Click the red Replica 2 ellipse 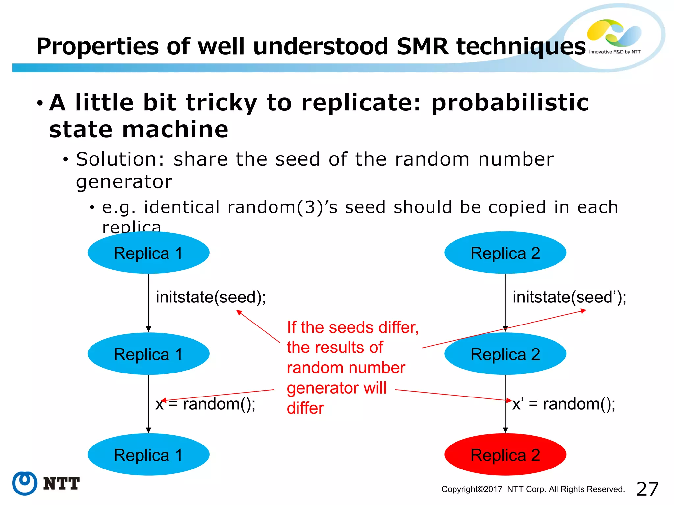tap(505, 455)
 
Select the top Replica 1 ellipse tap(148, 253)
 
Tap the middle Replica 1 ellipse tap(148, 354)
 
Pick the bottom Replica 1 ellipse tap(148, 455)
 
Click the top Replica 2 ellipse tap(505, 253)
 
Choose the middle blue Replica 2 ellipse tap(505, 354)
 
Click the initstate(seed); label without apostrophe tap(211, 297)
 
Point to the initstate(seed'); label tap(569, 297)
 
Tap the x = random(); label tap(206, 404)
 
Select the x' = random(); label tap(564, 404)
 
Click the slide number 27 tap(647, 489)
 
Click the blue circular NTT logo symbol tap(25, 483)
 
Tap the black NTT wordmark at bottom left tap(62, 484)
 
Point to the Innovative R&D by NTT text tap(615, 52)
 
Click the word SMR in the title tap(422, 46)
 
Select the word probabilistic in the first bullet tap(510, 103)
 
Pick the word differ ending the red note tap(305, 408)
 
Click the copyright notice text tap(533, 489)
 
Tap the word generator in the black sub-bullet tap(124, 182)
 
